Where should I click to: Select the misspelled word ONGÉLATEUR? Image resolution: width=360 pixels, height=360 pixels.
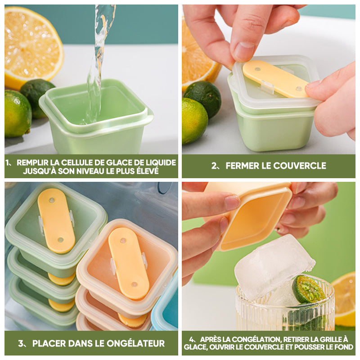pos(136,343)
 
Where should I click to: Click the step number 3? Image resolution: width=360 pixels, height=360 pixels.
pos(21,343)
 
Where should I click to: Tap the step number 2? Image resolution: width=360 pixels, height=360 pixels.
pos(214,166)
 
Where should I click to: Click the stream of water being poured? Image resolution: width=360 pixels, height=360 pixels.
pos(99,62)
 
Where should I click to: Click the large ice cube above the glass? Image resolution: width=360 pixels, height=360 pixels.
pos(274,266)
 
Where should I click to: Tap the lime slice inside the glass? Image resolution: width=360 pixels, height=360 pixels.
pos(308,289)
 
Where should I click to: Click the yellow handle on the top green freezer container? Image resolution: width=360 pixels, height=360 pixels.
pos(56,220)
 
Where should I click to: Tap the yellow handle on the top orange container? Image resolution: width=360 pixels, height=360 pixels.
pos(129,263)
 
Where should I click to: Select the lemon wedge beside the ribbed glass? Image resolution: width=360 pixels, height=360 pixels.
pos(344,298)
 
